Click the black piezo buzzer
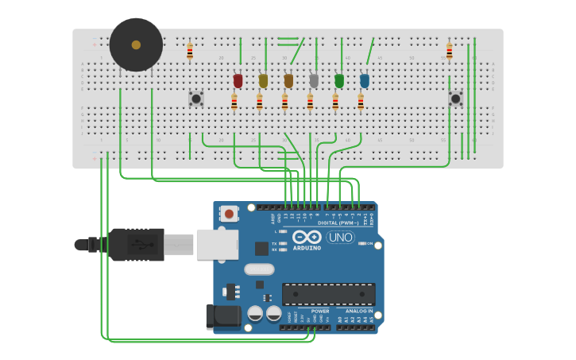pos(136,45)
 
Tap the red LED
pos(238,80)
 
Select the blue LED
pos(365,80)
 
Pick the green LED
pos(339,80)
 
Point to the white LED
pos(314,80)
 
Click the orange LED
pos(288,80)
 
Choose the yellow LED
pos(263,80)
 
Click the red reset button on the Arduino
pos(229,213)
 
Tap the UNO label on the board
pos(340,237)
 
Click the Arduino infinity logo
pos(306,237)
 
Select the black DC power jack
pos(222,316)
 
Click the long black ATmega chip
pos(328,294)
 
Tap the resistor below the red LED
pos(234,102)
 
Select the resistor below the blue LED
pos(361,102)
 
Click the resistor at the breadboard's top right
pos(449,52)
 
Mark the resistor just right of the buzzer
pos(190,52)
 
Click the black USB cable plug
pos(137,244)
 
